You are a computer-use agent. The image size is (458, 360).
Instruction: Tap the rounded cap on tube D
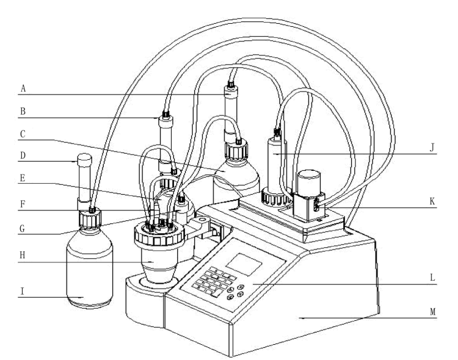[84, 160]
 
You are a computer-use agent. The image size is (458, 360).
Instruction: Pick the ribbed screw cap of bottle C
[237, 149]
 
